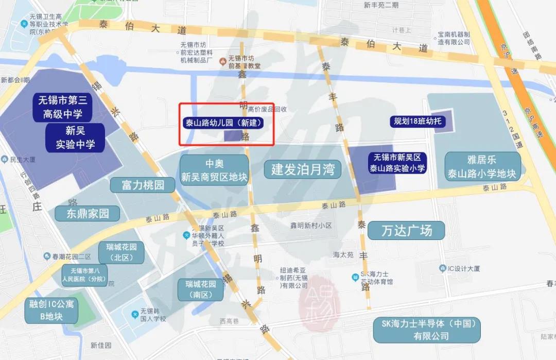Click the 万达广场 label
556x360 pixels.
coord(406,230)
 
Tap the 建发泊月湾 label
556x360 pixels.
coord(303,169)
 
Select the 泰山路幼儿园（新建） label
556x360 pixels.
coord(223,123)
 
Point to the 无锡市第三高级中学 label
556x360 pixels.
coord(64,107)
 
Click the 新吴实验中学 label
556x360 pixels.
coord(75,138)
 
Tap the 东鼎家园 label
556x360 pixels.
coord(88,214)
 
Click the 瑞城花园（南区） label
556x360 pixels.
coord(201,290)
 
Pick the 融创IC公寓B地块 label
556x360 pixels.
coord(51,310)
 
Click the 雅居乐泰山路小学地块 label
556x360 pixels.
coord(483,166)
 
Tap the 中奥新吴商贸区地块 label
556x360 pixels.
coord(214,170)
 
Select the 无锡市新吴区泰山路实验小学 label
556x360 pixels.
coord(397,162)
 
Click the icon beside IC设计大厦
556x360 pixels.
coord(442,268)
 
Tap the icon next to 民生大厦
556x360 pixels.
coord(5,159)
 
